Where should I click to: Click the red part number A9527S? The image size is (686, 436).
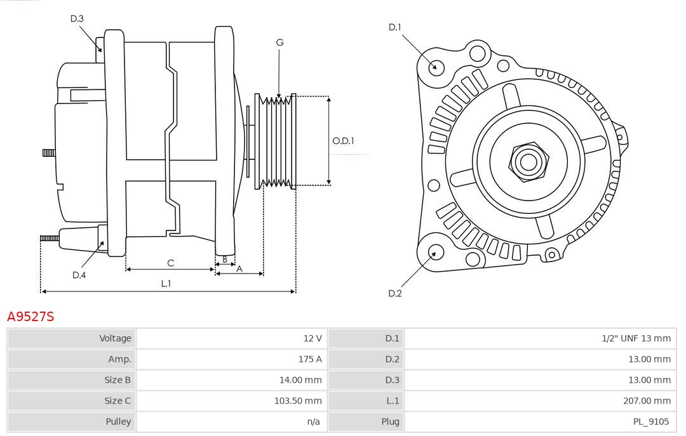tap(30, 317)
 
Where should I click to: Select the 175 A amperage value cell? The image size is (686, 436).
tap(309, 359)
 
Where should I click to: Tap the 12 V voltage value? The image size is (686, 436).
tap(312, 338)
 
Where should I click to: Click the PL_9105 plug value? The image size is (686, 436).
tap(650, 421)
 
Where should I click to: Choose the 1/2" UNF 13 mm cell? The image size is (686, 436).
tap(635, 338)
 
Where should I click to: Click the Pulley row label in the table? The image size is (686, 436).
tap(118, 421)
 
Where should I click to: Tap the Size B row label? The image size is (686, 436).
tap(118, 380)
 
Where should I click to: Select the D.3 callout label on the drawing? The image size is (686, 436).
tap(77, 18)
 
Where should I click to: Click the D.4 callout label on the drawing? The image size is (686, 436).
tap(79, 275)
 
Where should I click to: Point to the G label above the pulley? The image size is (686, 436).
tap(279, 43)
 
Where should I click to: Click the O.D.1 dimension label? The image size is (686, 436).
tap(343, 140)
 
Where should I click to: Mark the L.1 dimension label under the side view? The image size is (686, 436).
tap(165, 284)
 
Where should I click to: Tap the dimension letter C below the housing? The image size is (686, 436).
tap(170, 263)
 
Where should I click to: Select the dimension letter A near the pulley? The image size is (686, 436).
tap(239, 268)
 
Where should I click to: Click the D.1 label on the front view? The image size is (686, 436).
tap(395, 27)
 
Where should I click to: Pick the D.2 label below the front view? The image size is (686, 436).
tap(395, 293)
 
